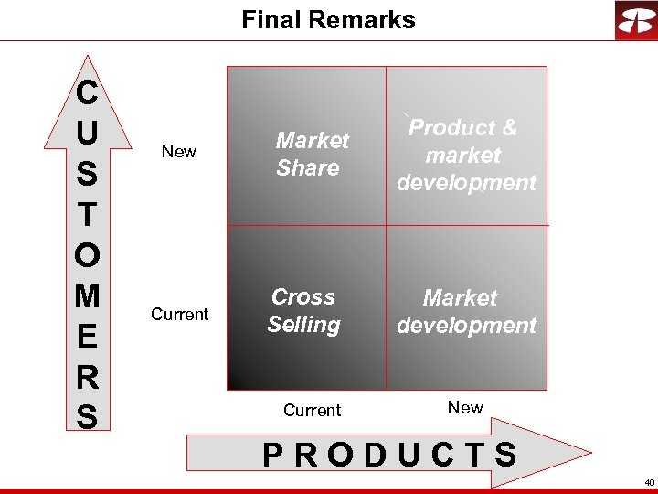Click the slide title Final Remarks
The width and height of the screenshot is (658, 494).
(x=328, y=20)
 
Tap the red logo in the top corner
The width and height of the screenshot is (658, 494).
(x=635, y=20)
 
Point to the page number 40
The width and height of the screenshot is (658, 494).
(x=649, y=482)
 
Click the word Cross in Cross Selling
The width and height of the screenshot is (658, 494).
(x=303, y=297)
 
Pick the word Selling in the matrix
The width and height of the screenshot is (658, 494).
(x=303, y=325)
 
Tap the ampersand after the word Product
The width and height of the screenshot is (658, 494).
(x=508, y=128)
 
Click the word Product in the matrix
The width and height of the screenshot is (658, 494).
(x=451, y=128)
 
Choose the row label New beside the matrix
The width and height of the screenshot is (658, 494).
(x=178, y=152)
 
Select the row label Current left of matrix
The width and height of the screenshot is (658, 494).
(x=179, y=315)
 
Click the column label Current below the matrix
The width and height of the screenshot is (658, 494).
(x=312, y=411)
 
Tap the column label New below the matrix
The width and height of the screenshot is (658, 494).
(x=465, y=408)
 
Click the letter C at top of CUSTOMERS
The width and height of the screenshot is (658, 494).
(x=87, y=92)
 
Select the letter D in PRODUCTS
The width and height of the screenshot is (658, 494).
(x=375, y=455)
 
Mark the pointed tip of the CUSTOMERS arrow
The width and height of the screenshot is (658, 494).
(x=87, y=57)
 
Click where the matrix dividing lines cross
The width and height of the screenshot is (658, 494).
(x=386, y=224)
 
